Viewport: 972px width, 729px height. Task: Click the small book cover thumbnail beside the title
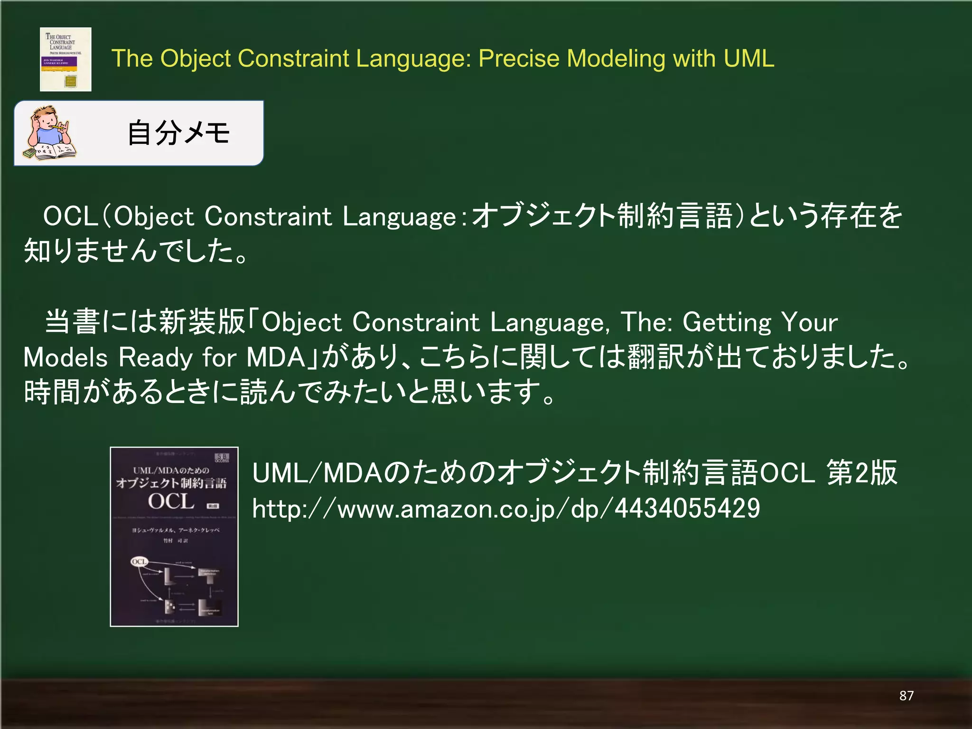pos(65,59)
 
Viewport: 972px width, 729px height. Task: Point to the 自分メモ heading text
pos(178,133)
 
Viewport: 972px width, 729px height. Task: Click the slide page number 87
pos(906,696)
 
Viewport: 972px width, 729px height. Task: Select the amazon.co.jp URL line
pos(505,509)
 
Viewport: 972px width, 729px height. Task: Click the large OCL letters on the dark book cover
pos(171,502)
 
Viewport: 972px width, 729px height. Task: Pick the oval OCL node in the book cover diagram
pos(139,562)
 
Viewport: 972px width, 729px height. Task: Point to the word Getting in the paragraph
pos(727,322)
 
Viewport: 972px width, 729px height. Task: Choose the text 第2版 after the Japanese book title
pos(861,473)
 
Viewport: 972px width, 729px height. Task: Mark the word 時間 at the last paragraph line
pos(52,392)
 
